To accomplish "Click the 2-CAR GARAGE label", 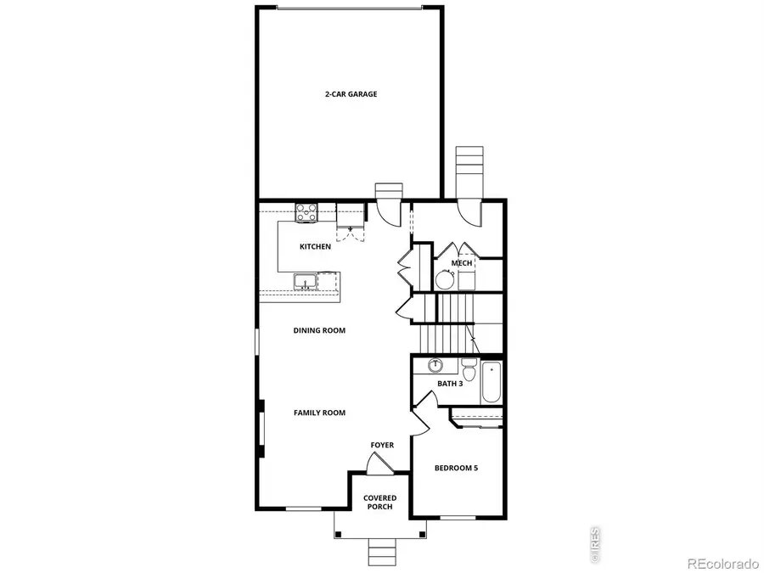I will click(351, 94).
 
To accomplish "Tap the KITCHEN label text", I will click(315, 247).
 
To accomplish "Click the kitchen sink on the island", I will click(304, 281).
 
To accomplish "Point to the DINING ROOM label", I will click(319, 330).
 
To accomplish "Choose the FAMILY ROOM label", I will click(319, 413).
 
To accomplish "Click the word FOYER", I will click(382, 445).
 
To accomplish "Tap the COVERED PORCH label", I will click(379, 503).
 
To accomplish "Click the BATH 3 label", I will click(449, 384).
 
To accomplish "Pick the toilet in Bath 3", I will click(468, 371).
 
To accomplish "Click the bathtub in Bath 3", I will click(492, 382).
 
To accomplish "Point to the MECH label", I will click(462, 263).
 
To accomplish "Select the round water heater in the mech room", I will click(446, 279).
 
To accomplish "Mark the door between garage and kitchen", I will click(388, 211).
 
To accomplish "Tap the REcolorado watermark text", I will click(722, 562).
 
